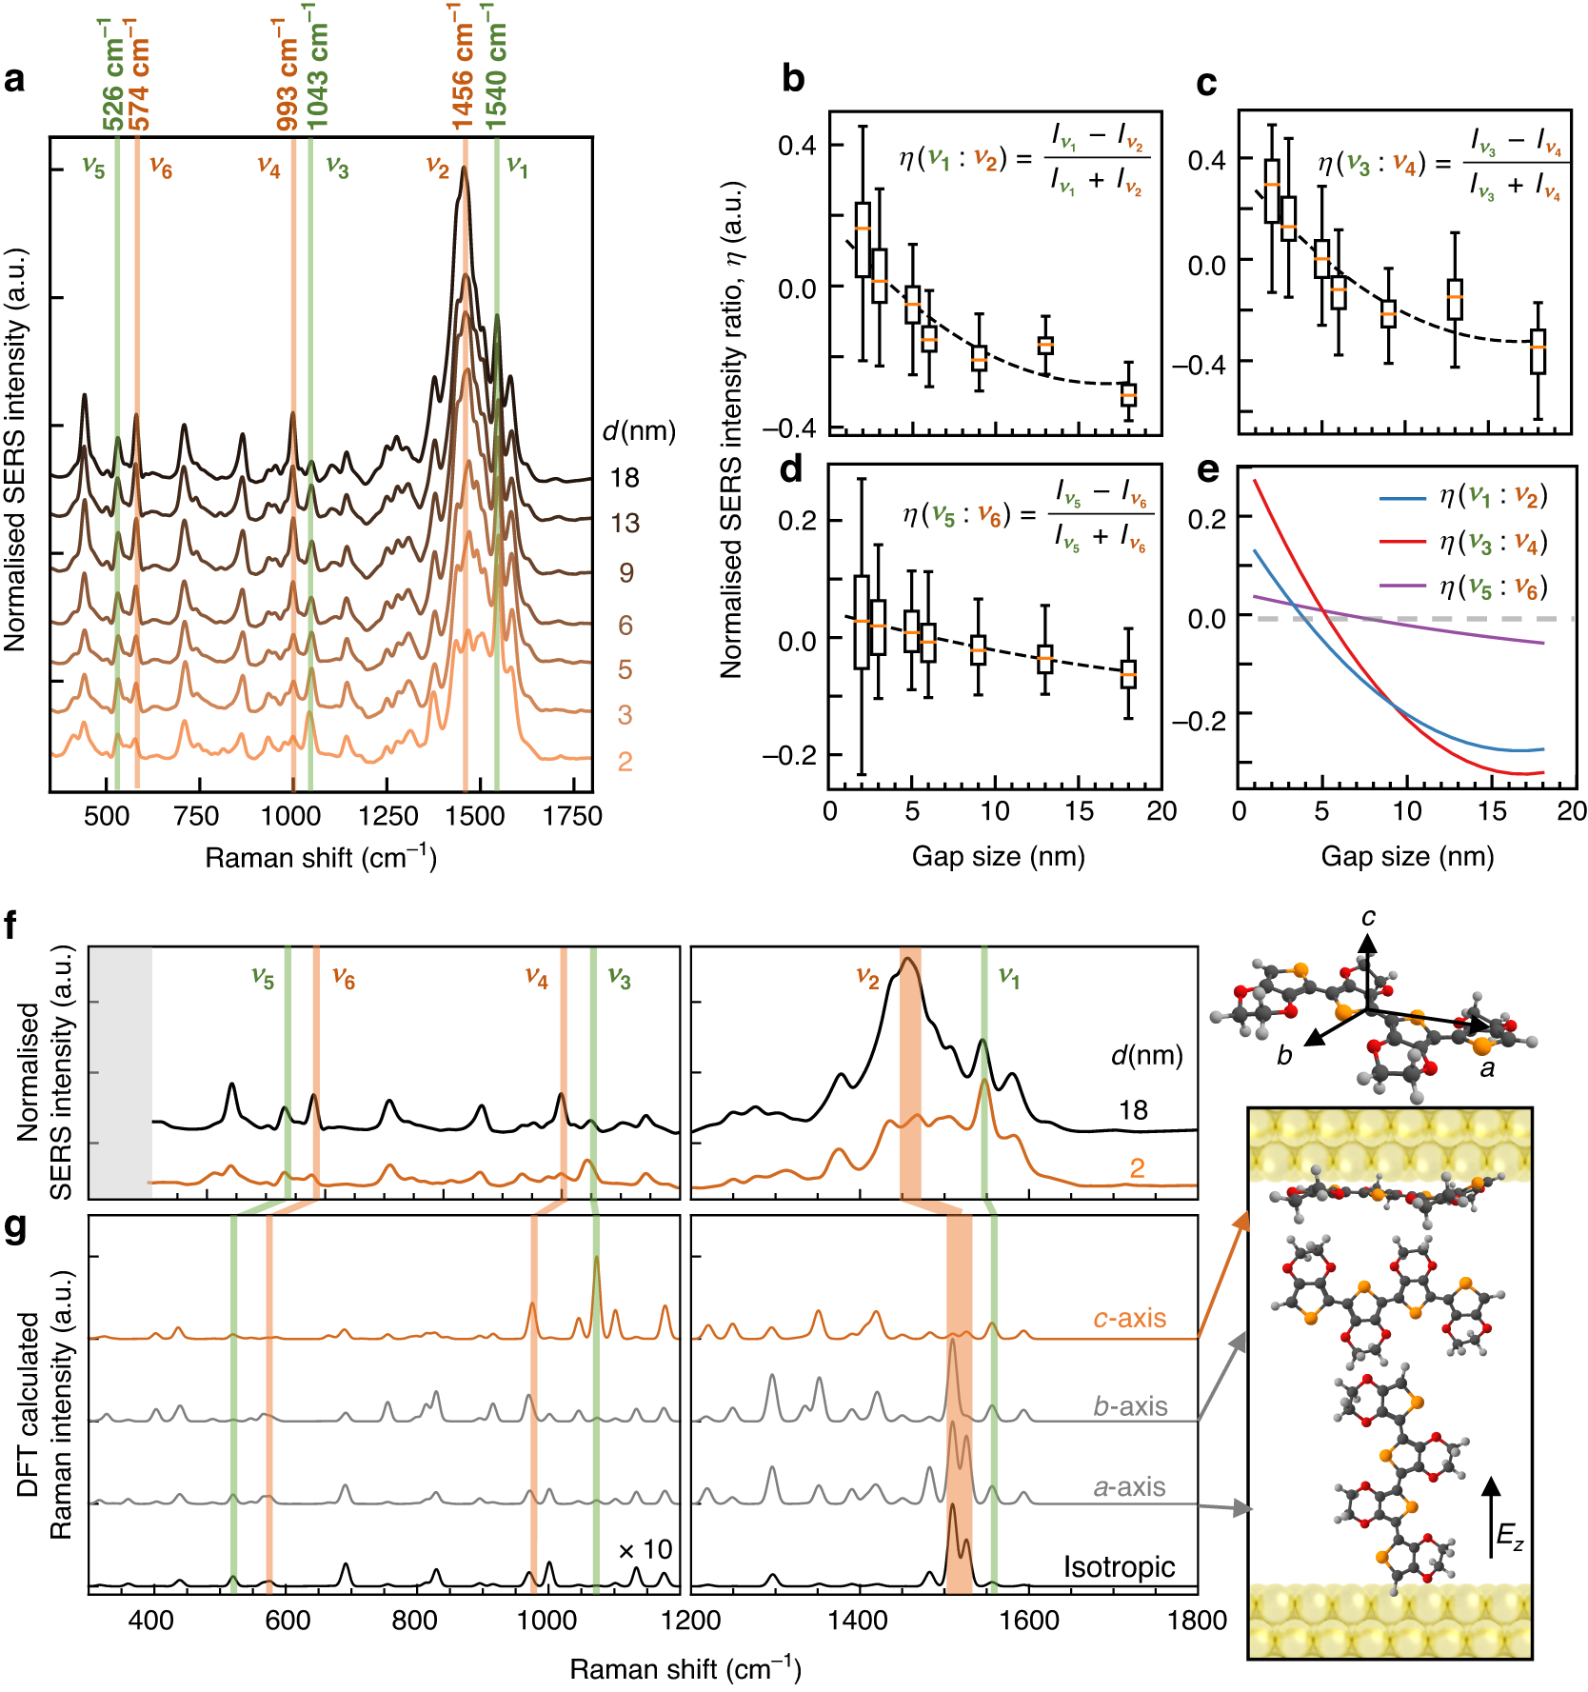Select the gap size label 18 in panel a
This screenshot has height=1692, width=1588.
625,478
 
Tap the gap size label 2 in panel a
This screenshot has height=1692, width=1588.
625,762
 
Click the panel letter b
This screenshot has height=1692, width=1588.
792,80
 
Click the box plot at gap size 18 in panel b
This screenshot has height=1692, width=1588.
1128,394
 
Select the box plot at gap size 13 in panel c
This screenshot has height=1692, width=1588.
1454,299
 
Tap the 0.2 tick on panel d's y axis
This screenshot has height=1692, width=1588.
798,521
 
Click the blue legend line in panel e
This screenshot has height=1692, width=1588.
1401,497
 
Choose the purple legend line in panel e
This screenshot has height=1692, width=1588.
1401,586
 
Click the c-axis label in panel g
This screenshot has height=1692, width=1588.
1129,1318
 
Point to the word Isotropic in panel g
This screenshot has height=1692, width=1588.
1119,1566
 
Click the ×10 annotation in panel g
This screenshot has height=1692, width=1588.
645,1550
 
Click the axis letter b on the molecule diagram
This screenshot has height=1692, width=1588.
1284,1056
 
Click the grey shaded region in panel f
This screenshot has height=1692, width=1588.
121,1071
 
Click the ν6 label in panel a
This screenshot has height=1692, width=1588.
161,169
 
